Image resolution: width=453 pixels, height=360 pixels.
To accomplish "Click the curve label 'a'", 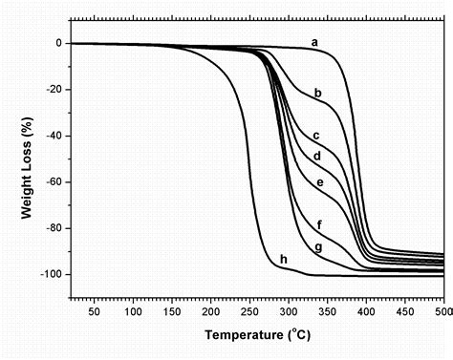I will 313,41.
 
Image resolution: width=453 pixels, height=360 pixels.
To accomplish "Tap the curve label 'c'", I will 316,136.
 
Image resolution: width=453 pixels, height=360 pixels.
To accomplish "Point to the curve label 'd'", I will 317,155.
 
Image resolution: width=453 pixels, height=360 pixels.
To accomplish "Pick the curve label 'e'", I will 320,182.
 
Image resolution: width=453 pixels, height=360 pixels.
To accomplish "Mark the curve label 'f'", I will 318,225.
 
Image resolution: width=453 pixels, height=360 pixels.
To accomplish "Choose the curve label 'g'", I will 318,247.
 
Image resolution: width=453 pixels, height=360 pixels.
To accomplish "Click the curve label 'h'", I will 284,259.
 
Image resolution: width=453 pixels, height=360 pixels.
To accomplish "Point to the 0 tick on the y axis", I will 58,44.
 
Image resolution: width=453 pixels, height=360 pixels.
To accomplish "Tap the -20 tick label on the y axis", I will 54,90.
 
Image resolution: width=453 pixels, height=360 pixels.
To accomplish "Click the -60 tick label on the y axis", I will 54,182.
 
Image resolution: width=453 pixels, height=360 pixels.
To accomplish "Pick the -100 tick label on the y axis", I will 51,275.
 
